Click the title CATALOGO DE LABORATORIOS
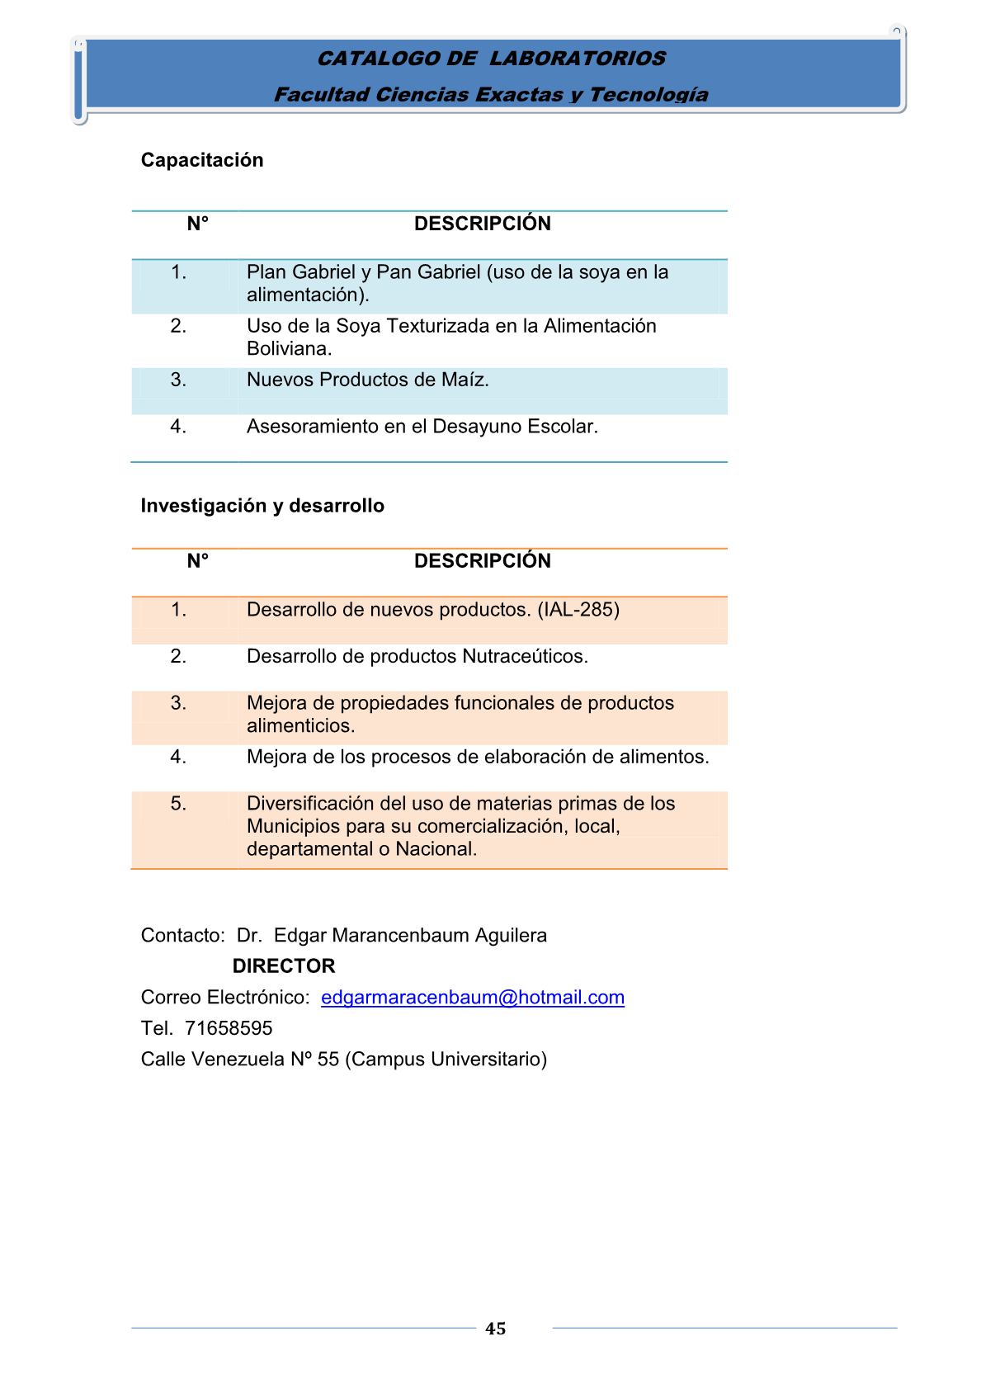491,59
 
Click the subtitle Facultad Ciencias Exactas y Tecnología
491,95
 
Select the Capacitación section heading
202,160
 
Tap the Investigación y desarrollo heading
262,506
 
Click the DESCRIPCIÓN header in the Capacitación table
482,224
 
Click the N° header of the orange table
198,561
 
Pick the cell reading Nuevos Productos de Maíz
368,380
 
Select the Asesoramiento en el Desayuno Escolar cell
422,427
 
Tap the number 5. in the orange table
179,804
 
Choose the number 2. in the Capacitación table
179,326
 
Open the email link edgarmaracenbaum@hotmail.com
472,998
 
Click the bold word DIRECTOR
284,966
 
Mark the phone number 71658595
229,1028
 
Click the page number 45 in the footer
496,1329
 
